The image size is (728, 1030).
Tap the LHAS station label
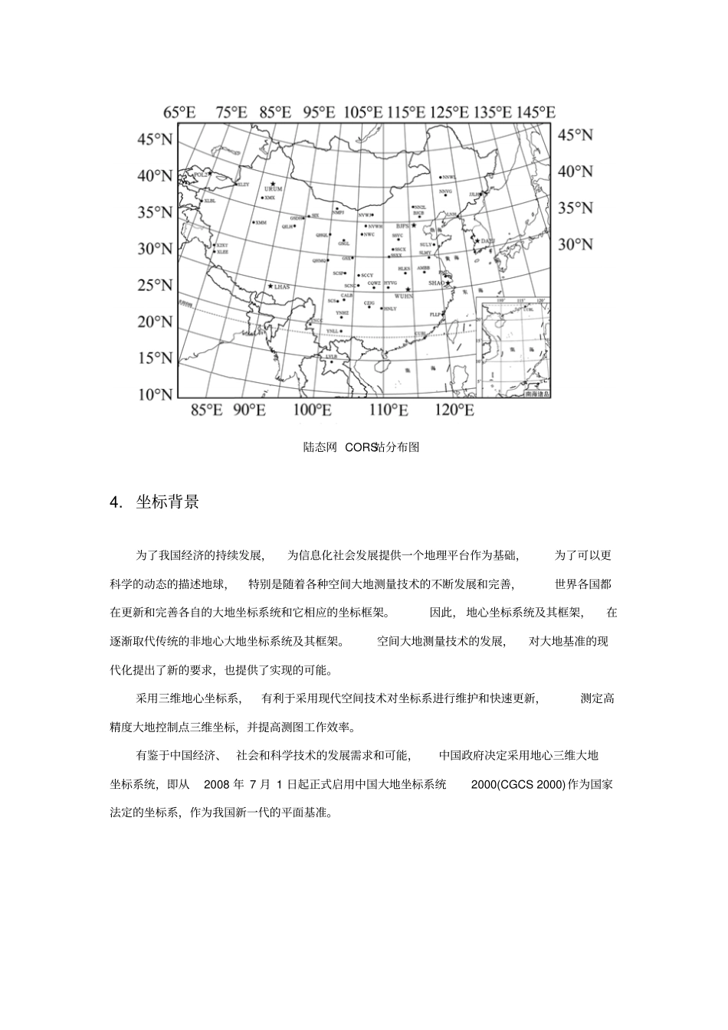(282, 286)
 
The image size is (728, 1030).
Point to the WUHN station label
(403, 295)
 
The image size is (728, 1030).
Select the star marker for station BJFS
(414, 226)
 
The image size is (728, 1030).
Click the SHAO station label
(435, 283)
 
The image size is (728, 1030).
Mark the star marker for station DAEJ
(477, 241)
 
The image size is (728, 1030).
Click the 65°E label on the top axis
(180, 112)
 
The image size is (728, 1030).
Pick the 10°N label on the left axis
(155, 394)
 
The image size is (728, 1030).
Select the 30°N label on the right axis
(575, 244)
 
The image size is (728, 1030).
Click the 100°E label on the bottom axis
(312, 410)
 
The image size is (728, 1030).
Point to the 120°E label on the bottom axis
(454, 410)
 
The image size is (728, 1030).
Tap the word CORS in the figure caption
(360, 447)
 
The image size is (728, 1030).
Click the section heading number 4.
(116, 502)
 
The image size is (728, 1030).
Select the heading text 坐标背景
(168, 502)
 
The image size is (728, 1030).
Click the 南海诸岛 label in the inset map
(536, 394)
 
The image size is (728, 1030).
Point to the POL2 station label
(201, 175)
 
